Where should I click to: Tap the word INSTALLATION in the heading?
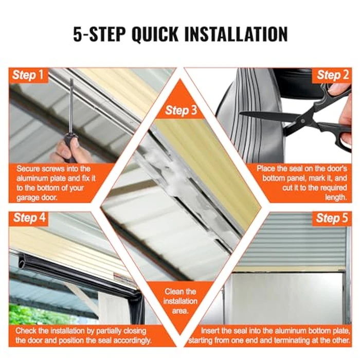(236, 34)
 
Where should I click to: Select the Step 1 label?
(28, 75)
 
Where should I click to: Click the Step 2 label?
(333, 75)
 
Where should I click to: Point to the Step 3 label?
(181, 110)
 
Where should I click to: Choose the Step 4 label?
(29, 218)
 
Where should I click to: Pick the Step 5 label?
(332, 218)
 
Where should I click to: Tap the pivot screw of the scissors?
(303, 121)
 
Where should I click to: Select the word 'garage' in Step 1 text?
(26, 198)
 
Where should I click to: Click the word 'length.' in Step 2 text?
(336, 197)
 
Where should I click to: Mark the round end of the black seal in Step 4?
(22, 260)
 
